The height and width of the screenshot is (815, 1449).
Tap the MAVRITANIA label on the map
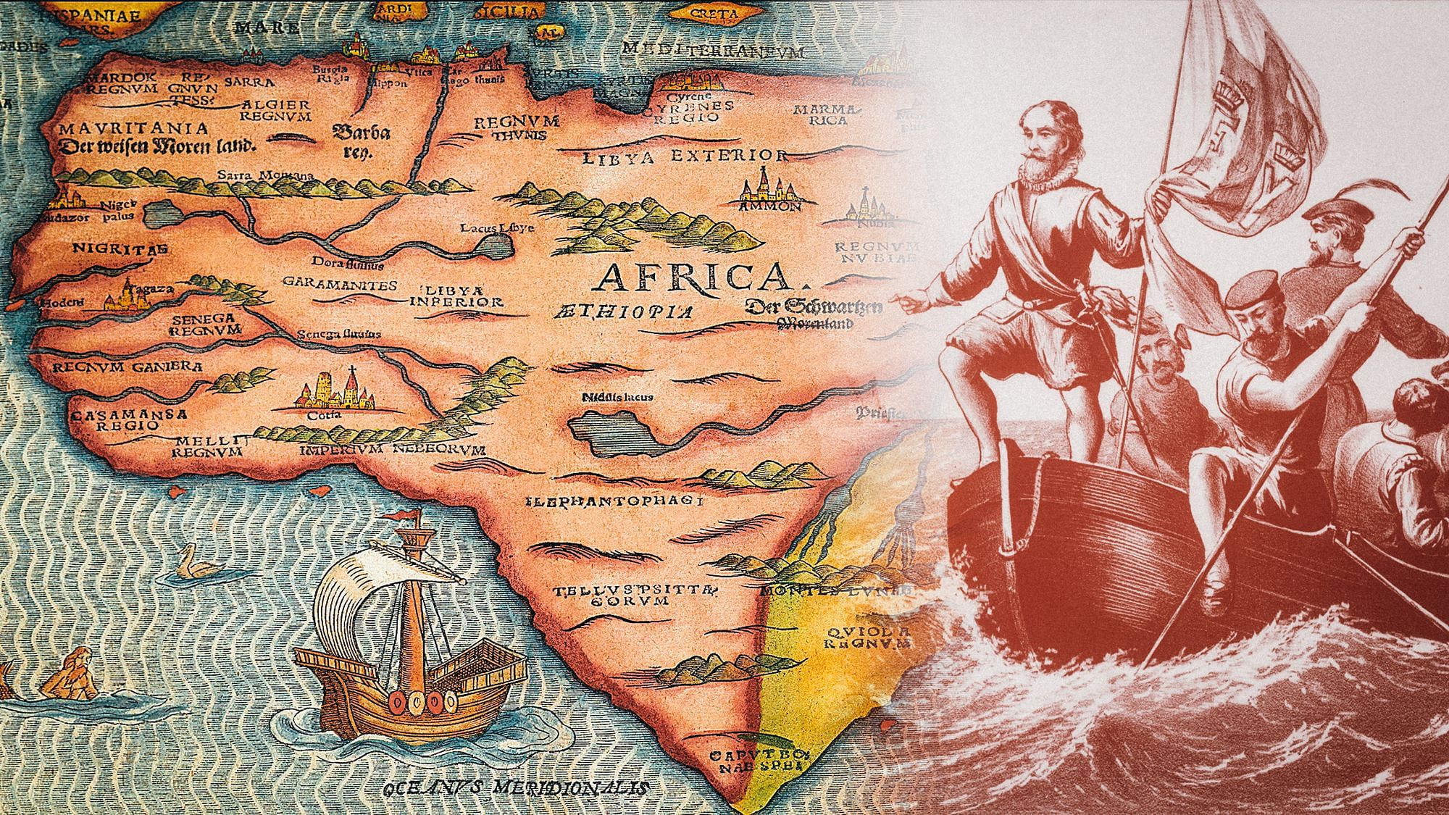134,129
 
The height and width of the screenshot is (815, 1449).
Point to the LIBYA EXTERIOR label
685,156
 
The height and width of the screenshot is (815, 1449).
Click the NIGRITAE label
120,249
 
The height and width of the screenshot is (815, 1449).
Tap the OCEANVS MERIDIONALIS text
516,787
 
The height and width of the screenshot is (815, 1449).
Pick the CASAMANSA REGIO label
130,420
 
